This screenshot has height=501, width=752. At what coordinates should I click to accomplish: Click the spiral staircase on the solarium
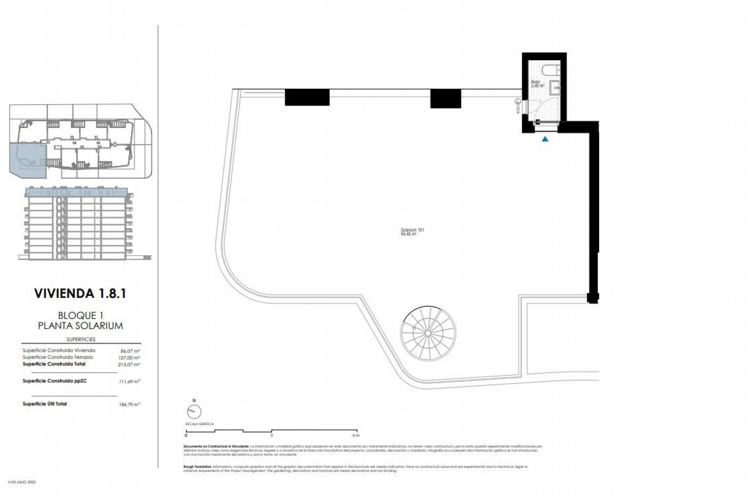pos(428,333)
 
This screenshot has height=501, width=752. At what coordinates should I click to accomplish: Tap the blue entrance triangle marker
pos(545,139)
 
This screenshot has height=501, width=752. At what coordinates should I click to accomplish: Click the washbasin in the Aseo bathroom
pos(555,88)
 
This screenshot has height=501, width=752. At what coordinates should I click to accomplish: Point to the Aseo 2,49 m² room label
pos(537,83)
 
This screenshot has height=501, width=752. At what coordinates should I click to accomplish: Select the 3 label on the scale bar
pos(271,435)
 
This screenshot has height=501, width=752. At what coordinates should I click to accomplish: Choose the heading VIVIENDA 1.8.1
pos(80,294)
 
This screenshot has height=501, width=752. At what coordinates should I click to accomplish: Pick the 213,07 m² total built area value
pos(131,364)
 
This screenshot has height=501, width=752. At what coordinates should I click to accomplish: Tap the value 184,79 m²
pos(131,404)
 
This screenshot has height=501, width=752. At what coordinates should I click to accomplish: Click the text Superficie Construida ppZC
pos(54,381)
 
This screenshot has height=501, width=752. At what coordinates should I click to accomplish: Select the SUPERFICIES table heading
pos(81,339)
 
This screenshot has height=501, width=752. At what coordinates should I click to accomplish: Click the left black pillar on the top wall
pos(307,97)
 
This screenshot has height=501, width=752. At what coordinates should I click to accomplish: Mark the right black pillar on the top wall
pos(445,99)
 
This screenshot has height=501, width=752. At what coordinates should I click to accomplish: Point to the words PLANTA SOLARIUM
pos(80,326)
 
